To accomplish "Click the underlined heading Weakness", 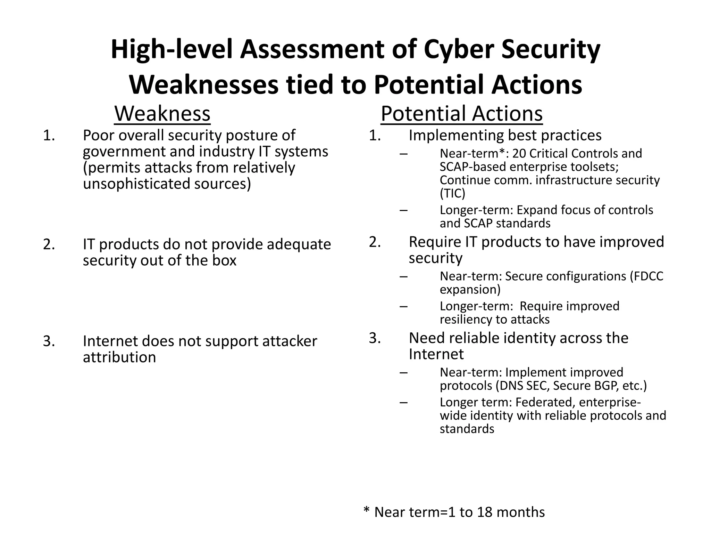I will [162, 114].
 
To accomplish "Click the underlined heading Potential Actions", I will [461, 114].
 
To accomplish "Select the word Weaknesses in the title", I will [203, 85].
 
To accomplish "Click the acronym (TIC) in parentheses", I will [452, 193].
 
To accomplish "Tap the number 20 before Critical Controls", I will [519, 154].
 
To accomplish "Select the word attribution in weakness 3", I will [119, 357].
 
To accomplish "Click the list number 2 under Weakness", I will [49, 244].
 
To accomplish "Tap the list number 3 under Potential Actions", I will [375, 338].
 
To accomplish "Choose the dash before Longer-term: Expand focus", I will [403, 210].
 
